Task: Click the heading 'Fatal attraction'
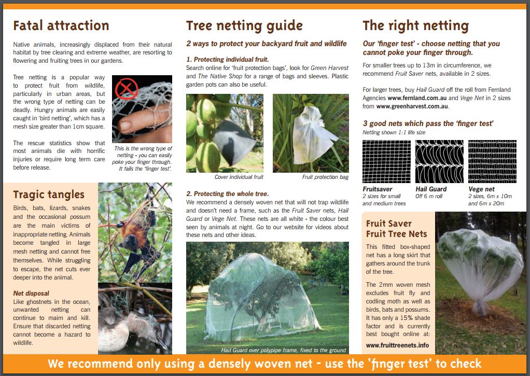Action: click(61, 26)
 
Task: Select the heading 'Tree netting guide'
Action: click(244, 26)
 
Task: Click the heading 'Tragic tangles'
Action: click(49, 194)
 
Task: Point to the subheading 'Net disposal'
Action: click(31, 293)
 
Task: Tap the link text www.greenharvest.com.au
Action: click(412, 106)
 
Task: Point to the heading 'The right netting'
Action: click(415, 26)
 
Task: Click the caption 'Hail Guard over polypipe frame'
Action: click(283, 350)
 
